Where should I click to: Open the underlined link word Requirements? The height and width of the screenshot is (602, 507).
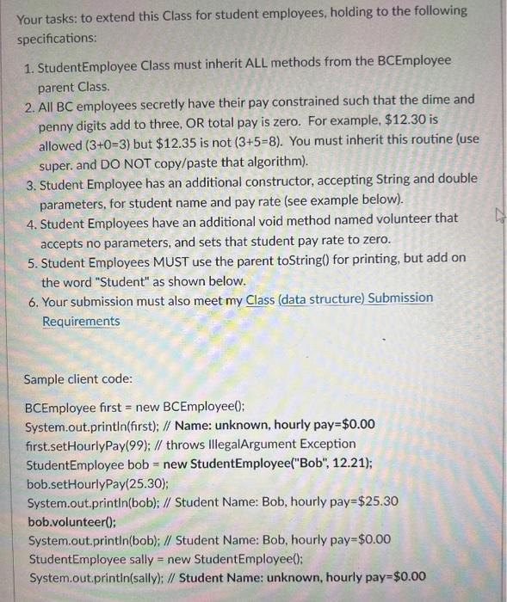click(82, 321)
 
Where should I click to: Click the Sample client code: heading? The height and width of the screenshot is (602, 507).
click(78, 379)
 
